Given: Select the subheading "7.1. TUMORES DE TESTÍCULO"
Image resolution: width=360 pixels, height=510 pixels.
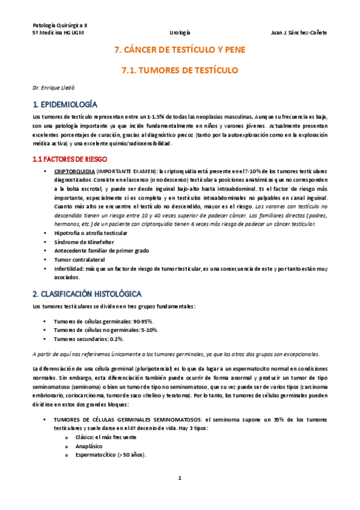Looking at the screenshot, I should point(180,70).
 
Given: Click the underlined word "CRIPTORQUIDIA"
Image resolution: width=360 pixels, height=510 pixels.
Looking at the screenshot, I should point(73,171).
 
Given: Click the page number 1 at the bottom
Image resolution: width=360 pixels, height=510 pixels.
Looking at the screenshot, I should point(180,494).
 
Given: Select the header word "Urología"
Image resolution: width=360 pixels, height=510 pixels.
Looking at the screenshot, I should point(180,34).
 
